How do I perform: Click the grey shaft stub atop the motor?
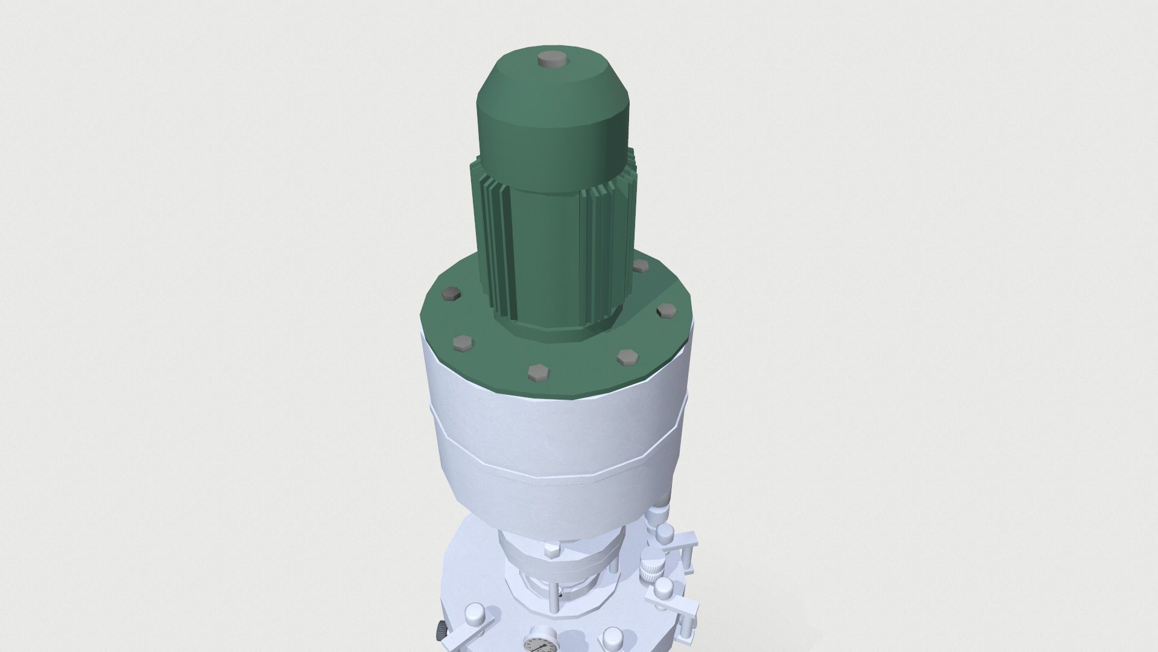click(x=550, y=60)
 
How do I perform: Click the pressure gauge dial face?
click(x=537, y=646)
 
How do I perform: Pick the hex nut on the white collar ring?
click(x=552, y=549)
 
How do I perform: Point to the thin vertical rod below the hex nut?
click(x=554, y=598)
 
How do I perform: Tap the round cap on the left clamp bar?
click(x=475, y=615)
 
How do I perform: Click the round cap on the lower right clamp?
click(x=663, y=587)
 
